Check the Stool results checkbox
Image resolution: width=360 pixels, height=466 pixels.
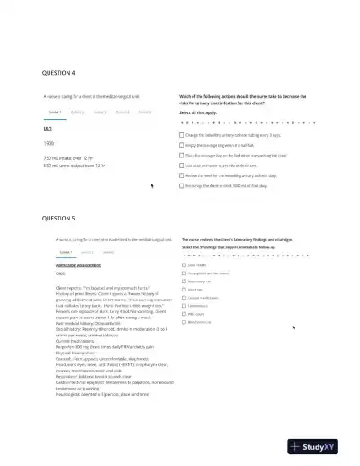point(183,265)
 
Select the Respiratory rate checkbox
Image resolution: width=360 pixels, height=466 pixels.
point(183,282)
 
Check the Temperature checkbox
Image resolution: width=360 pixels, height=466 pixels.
point(183,306)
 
